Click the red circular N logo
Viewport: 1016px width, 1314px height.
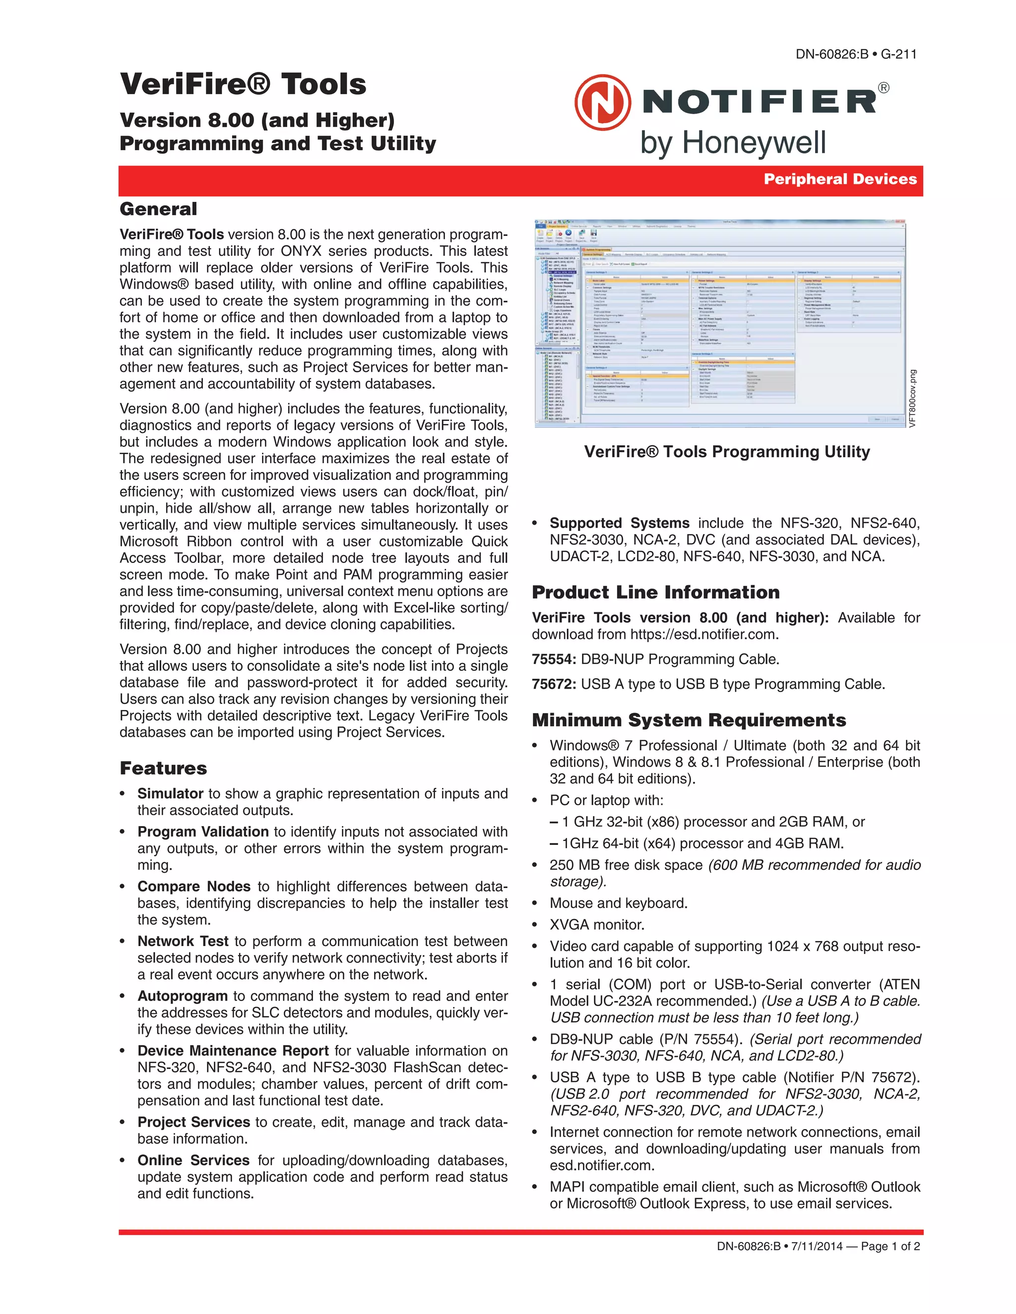[602, 102]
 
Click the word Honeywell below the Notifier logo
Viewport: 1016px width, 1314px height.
[753, 144]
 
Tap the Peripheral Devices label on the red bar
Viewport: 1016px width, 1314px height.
[840, 179]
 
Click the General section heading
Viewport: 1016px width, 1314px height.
[158, 209]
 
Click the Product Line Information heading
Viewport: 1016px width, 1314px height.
[655, 592]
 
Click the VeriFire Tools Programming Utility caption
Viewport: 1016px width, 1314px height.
[726, 452]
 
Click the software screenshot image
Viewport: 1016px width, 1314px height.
[720, 324]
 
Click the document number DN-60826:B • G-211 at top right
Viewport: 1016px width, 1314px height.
[856, 54]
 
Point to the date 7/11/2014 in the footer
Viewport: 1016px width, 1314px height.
[816, 1246]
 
